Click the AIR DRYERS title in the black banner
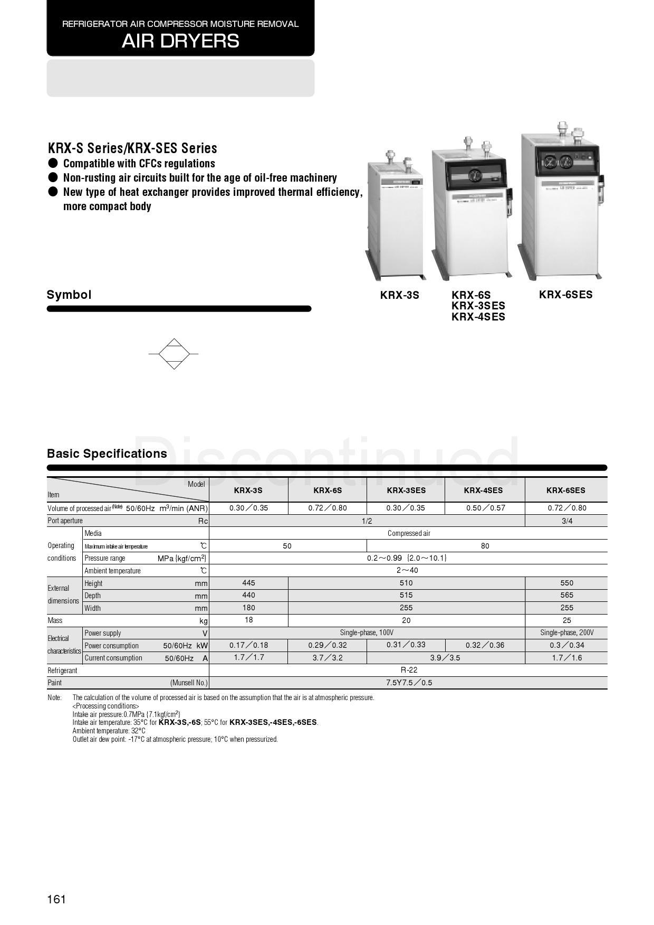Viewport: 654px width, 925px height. (180, 41)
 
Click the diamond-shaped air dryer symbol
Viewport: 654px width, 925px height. (174, 354)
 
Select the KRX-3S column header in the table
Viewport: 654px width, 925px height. (248, 490)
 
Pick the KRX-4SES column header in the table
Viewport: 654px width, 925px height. (483, 490)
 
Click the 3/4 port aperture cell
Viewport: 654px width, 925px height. (566, 521)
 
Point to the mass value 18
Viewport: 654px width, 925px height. (248, 620)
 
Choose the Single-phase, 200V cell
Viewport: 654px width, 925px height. (566, 633)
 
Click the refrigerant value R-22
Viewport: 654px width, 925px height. (409, 670)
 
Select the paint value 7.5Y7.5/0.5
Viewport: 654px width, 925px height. (409, 683)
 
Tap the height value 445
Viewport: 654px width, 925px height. (248, 583)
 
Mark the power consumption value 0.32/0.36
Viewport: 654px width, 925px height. (485, 645)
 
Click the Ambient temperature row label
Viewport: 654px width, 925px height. (112, 571)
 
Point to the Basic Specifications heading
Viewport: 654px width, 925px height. (107, 454)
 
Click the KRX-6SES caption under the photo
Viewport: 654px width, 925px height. (565, 295)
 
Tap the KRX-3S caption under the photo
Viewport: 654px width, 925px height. (399, 295)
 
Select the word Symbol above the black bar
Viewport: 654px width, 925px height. (69, 295)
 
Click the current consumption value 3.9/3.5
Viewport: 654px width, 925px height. (445, 658)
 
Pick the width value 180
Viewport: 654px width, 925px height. (248, 608)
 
